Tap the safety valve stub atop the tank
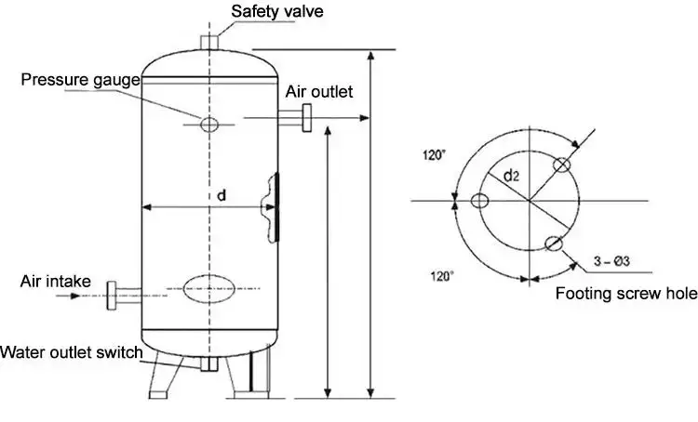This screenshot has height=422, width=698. click(x=210, y=45)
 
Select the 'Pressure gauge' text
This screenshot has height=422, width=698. click(x=81, y=80)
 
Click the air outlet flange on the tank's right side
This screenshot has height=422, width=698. click(x=303, y=119)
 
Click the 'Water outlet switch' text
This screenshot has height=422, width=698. click(x=72, y=352)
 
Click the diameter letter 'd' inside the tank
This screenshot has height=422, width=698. click(x=220, y=196)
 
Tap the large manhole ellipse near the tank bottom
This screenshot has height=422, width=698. click(x=210, y=288)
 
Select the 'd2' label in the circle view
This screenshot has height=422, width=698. click(x=512, y=176)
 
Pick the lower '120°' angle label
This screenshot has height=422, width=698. click(x=442, y=275)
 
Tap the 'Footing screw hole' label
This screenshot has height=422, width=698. click(x=625, y=295)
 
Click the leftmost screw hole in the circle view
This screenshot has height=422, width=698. click(x=480, y=201)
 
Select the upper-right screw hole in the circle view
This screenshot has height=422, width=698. click(x=561, y=165)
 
